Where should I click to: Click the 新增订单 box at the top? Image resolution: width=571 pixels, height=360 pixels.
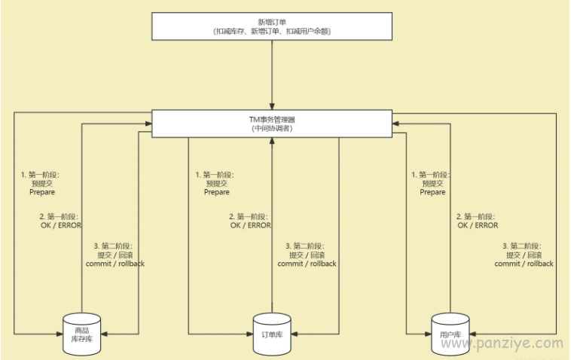[x=272, y=26]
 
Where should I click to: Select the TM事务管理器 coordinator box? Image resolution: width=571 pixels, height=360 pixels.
[x=272, y=124]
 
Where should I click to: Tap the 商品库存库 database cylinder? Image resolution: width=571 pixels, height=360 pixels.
[x=82, y=334]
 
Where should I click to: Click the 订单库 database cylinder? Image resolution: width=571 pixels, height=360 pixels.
[x=272, y=334]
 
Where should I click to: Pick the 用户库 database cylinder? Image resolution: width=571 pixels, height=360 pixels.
[x=450, y=334]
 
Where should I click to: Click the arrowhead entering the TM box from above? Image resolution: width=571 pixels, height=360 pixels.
[x=272, y=106]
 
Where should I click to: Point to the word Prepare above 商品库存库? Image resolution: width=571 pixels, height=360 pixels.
[x=42, y=192]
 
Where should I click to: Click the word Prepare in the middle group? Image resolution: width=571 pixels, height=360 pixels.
[x=217, y=192]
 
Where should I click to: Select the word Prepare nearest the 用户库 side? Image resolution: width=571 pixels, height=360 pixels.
[x=432, y=192]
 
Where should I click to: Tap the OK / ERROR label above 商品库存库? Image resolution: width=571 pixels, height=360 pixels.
[x=61, y=225]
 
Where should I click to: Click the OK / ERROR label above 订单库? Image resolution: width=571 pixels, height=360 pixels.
[x=251, y=225]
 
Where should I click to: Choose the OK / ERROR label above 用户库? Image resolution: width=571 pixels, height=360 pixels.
[x=478, y=225]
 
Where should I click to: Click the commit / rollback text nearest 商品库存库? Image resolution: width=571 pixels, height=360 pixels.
[x=115, y=264]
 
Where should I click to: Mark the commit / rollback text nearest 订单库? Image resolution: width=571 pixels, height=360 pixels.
[x=307, y=264]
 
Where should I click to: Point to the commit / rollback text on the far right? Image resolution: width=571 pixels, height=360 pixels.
[x=524, y=264]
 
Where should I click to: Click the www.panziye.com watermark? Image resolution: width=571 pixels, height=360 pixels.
[x=502, y=343]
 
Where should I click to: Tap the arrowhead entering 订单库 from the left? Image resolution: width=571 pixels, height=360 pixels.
[x=250, y=334]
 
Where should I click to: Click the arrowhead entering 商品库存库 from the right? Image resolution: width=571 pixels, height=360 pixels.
[x=104, y=334]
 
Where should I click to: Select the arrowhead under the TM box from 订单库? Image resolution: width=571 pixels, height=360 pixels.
[x=272, y=141]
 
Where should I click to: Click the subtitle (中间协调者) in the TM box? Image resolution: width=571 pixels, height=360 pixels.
[x=272, y=129]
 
